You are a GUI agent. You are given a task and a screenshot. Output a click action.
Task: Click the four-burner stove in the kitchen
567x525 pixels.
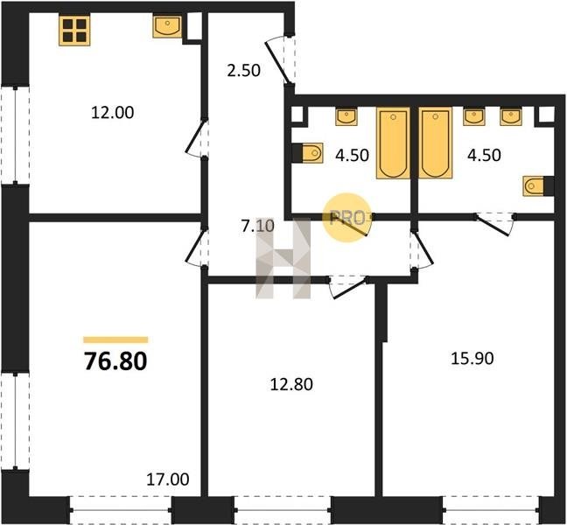tap(74, 31)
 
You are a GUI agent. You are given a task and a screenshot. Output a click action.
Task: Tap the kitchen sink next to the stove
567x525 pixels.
tap(167, 26)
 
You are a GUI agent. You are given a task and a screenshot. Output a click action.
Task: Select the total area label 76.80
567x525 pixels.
tap(115, 361)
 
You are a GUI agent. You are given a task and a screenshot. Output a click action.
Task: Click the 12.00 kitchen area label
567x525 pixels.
tap(113, 113)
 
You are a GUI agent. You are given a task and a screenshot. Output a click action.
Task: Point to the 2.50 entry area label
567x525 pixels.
tap(244, 71)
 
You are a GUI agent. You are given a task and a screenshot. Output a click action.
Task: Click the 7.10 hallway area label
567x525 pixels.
tap(258, 227)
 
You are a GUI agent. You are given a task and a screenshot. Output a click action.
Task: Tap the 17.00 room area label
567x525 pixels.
tap(167, 479)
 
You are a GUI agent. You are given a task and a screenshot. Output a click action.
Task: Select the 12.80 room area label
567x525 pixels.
tap(291, 384)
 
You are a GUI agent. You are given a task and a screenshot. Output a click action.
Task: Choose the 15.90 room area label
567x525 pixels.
tap(472, 359)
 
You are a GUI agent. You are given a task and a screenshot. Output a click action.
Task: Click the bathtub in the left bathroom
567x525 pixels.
tap(393, 143)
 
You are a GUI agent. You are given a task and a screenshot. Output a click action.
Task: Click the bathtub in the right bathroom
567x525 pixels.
tap(436, 143)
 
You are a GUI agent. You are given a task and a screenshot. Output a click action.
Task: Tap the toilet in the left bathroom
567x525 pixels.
tap(308, 153)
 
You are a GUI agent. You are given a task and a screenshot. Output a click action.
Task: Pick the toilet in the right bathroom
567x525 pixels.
tap(538, 186)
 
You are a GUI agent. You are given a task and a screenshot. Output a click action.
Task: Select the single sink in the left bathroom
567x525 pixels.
tap(346, 116)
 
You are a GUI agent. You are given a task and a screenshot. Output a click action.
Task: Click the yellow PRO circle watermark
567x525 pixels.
tap(346, 217)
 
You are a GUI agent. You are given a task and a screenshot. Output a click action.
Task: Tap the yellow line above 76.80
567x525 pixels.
tap(115, 339)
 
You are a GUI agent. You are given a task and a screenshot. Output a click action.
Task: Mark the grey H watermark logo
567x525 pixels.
tap(283, 258)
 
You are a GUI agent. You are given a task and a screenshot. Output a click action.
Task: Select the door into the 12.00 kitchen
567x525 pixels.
tap(195, 136)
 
